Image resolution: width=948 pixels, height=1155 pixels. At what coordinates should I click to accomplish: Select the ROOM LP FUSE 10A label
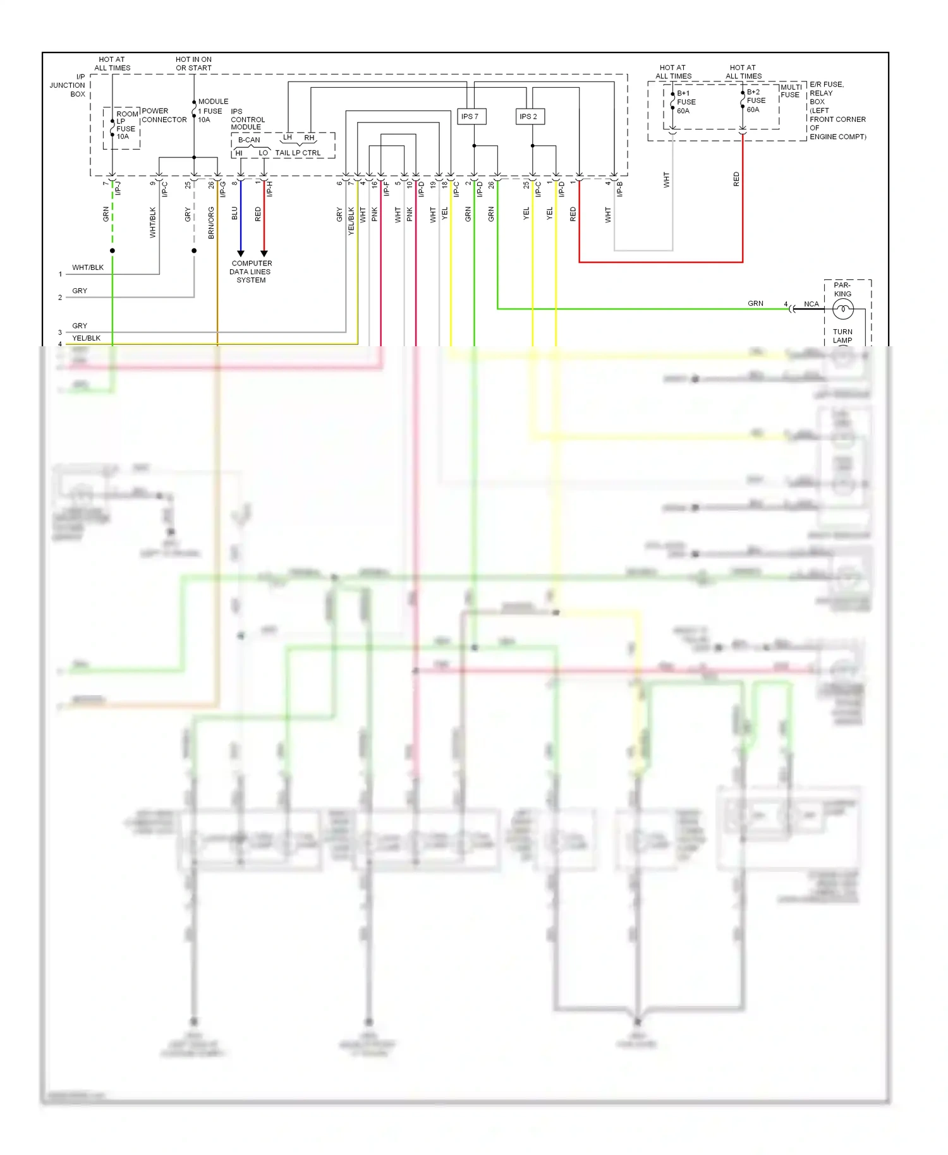pos(126,125)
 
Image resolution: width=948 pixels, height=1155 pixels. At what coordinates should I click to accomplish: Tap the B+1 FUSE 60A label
pos(686,102)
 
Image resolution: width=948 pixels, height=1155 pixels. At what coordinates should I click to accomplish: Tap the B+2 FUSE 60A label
pos(755,100)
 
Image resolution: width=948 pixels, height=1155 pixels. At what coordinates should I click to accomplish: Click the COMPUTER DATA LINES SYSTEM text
pos(251,272)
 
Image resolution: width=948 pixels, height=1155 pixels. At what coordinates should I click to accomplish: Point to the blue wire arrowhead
pos(240,253)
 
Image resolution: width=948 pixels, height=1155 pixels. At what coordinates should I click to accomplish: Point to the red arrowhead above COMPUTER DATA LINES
pos(264,253)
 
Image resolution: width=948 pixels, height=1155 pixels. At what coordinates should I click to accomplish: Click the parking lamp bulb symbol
pos(842,309)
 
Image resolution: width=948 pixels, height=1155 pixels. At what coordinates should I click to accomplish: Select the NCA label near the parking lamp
pos(811,304)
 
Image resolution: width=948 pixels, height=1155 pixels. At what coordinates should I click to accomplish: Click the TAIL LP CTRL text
pos(298,153)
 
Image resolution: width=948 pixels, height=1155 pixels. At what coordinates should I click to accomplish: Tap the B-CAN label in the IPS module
pos(248,140)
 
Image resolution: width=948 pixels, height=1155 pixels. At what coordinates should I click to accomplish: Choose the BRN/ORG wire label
pos(211,222)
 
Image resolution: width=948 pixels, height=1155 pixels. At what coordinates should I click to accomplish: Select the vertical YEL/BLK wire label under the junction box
pos(351,222)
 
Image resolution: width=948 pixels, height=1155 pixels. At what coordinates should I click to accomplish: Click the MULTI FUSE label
pos(791,91)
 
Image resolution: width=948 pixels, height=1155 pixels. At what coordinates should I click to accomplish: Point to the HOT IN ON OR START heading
pos(193,64)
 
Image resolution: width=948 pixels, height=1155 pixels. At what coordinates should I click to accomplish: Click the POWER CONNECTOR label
pos(164,115)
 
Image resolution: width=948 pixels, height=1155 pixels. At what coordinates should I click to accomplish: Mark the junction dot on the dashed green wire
pos(112,251)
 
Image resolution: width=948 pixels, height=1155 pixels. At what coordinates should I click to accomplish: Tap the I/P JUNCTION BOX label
pos(68,85)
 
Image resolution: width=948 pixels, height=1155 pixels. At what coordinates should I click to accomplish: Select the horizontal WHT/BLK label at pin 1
pos(88,268)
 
